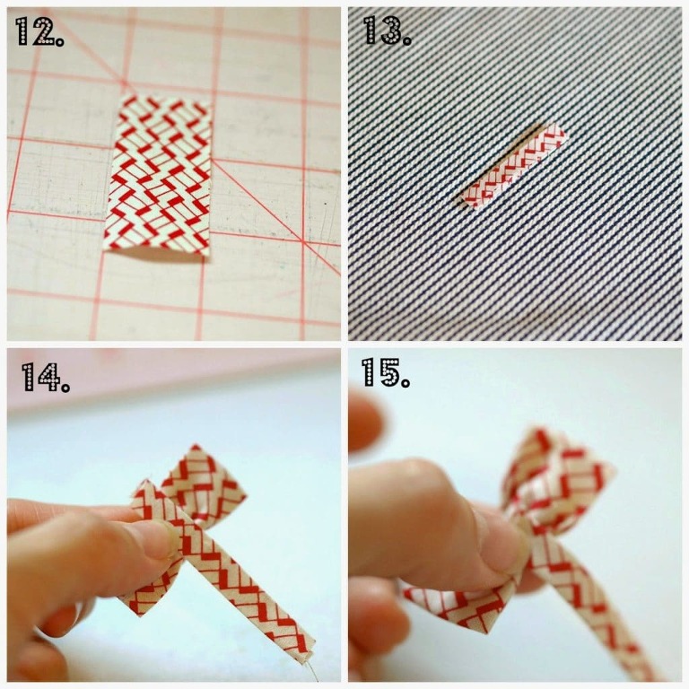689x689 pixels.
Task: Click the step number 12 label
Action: pos(39,31)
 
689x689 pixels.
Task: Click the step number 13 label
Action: pos(387,31)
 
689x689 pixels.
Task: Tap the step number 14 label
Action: pos(45,377)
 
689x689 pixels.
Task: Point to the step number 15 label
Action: pos(386,372)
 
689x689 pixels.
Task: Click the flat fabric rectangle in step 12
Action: pos(158,176)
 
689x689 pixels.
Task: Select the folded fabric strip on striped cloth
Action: pos(513,166)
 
